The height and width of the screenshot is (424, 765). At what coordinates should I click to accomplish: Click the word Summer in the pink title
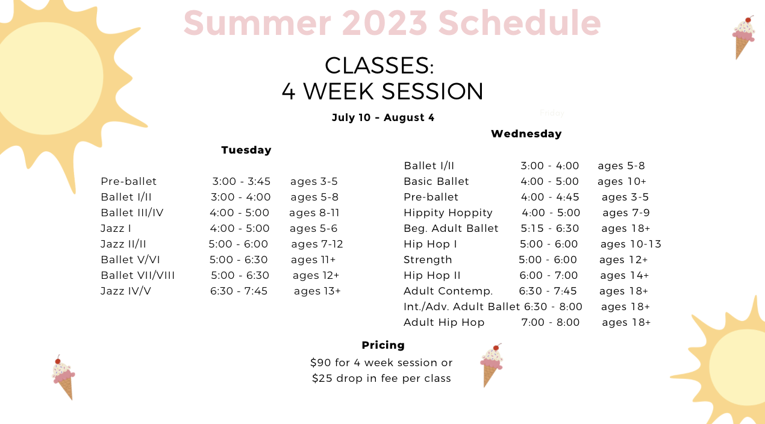[x=257, y=23]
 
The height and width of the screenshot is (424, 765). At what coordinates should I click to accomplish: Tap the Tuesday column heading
[x=246, y=150]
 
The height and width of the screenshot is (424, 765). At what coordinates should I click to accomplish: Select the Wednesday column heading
[x=526, y=134]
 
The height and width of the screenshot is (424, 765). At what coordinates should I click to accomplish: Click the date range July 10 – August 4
[x=383, y=117]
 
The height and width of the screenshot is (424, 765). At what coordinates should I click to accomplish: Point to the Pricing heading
[x=383, y=345]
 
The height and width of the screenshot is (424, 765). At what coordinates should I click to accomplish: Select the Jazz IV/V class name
[x=126, y=291]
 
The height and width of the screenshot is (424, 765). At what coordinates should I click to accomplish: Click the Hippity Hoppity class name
[x=448, y=213]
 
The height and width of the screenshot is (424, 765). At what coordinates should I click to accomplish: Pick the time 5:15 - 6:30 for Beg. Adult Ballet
[x=550, y=228]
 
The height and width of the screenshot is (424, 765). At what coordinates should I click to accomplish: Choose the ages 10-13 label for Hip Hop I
[x=631, y=244]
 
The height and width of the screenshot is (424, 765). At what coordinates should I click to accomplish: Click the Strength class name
[x=428, y=260]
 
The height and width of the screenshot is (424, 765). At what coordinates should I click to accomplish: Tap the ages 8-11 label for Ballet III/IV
[x=314, y=213]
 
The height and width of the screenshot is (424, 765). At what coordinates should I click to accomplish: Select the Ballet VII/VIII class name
[x=137, y=275]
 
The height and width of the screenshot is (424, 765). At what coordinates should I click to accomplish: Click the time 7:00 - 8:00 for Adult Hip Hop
[x=551, y=322]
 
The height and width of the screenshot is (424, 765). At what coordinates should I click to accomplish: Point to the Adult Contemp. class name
[x=448, y=291]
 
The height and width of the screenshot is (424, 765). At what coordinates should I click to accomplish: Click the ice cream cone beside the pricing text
[x=492, y=366]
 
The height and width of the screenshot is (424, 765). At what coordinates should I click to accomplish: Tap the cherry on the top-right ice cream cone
[x=748, y=20]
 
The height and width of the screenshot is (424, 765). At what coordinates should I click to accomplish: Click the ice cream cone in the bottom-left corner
[x=63, y=377]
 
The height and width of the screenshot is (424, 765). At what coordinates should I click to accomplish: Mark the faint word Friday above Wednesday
[x=552, y=113]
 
